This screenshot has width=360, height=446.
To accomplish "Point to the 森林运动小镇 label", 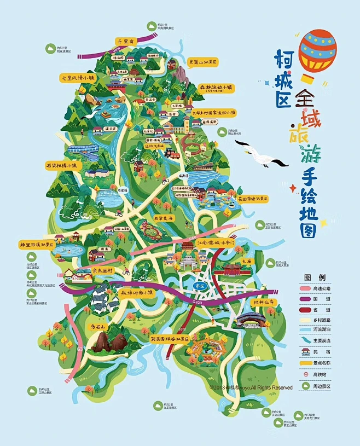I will [x=215, y=87].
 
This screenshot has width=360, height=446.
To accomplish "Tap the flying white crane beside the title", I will [x=261, y=154].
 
